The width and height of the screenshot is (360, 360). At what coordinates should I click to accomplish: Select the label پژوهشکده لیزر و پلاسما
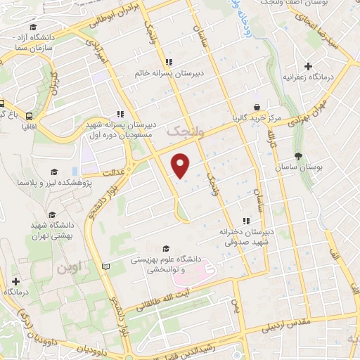coord(51,184)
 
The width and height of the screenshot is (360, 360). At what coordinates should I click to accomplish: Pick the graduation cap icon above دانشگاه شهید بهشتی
coord(51,215)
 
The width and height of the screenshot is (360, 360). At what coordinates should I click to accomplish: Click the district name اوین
coord(70,268)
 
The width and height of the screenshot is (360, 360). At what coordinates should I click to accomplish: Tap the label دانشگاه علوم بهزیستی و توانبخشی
coord(166,264)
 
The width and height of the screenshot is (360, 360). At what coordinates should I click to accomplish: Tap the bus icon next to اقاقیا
coord(29,115)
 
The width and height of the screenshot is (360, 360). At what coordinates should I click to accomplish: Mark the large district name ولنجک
coord(183,131)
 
